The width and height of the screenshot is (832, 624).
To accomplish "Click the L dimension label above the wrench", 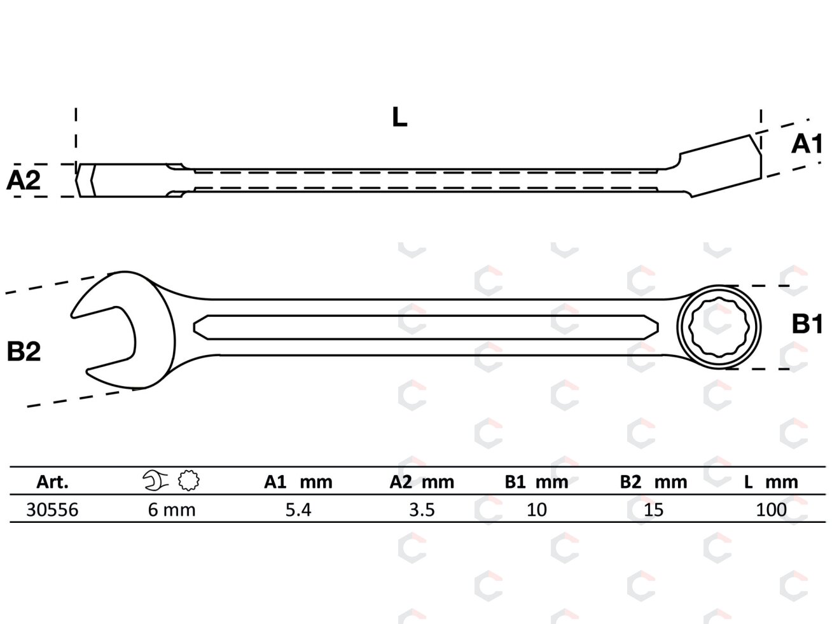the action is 399,117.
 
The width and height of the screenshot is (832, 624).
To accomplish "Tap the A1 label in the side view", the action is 807,144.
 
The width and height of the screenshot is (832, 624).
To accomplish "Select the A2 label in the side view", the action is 24,181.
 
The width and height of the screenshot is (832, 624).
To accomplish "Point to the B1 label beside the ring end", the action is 807,324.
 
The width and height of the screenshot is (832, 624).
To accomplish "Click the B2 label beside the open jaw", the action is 24,351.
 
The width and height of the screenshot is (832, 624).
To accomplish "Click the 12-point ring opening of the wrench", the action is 718,327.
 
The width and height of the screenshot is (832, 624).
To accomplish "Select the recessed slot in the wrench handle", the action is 426,327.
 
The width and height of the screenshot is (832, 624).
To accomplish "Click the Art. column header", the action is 52,482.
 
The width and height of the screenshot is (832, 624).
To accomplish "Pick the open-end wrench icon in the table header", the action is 155,481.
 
